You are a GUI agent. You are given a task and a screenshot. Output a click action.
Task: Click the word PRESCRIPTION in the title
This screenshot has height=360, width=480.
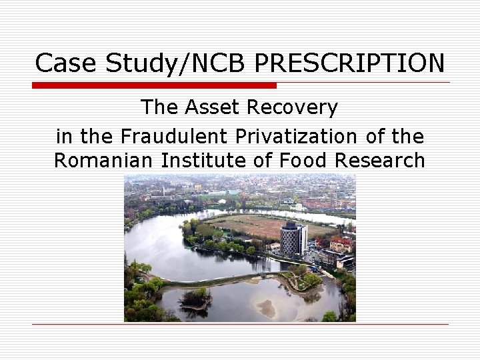[350, 63]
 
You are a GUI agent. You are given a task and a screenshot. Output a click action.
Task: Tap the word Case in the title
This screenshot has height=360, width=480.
[62, 63]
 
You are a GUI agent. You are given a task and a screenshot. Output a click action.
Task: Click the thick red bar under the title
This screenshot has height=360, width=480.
[154, 85]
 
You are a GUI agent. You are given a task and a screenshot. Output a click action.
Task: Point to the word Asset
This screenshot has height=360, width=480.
[215, 107]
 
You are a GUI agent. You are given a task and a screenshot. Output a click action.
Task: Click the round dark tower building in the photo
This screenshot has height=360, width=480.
[293, 238]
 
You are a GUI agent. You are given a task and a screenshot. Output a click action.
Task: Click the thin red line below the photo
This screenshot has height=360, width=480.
[240, 325]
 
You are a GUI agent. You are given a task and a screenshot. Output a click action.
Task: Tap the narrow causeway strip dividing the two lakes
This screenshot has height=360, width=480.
[220, 279]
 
